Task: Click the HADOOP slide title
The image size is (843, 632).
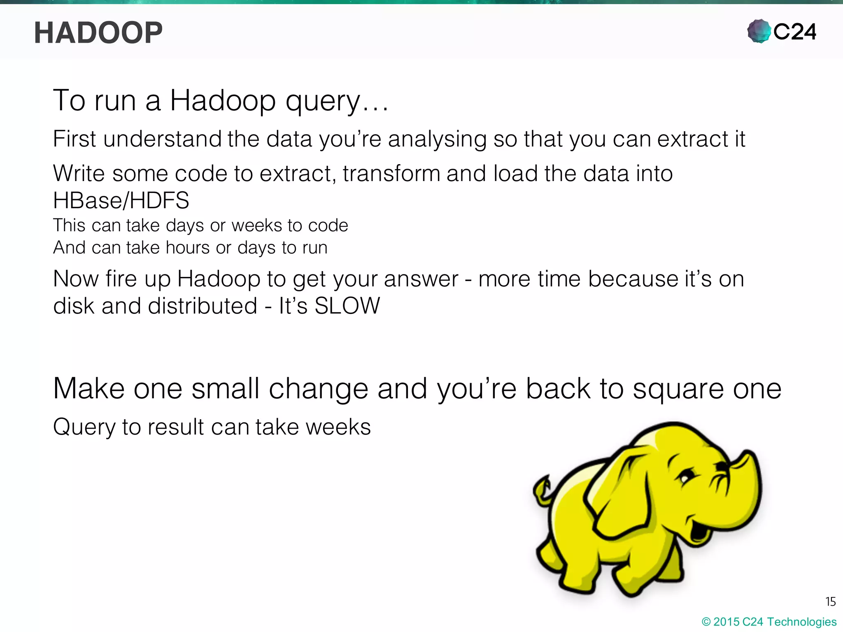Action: coord(98,33)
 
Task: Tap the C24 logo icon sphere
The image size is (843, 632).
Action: coord(759,31)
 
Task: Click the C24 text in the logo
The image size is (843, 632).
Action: coord(794,32)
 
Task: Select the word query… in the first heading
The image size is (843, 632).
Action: coord(337,101)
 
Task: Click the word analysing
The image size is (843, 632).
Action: coord(437,139)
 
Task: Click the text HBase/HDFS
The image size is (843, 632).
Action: coord(121,200)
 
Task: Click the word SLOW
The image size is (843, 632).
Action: coord(347,306)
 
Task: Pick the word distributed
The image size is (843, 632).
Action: coord(202,306)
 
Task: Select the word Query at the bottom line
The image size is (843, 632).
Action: coord(84,427)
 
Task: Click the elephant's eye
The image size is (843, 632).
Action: coord(684,479)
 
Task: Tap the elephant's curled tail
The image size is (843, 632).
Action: coord(543,490)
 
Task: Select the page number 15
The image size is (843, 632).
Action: coord(830,602)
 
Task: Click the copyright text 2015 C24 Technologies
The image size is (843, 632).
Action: coord(774,622)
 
